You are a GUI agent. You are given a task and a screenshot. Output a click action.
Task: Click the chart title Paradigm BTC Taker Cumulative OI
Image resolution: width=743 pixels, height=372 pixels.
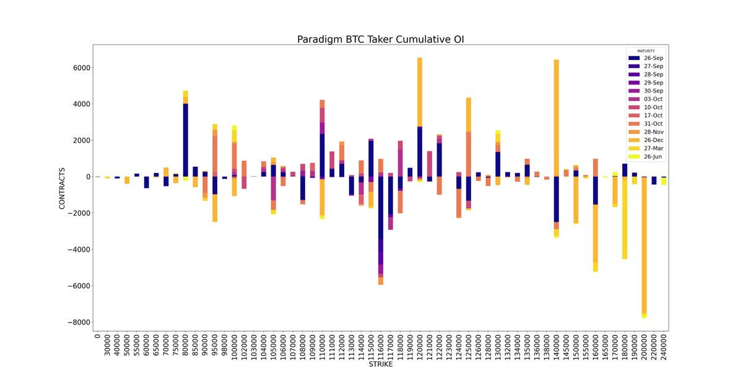(x=380, y=40)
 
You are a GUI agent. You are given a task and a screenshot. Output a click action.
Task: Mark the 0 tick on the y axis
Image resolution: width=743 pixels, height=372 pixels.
(x=87, y=177)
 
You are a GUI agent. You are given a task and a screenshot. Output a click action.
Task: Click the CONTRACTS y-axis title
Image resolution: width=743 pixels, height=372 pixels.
(x=63, y=185)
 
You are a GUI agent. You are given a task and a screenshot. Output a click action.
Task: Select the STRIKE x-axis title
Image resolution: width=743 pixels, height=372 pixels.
(x=380, y=365)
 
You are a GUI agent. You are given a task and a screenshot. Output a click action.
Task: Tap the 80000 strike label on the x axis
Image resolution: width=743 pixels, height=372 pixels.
(x=186, y=347)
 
